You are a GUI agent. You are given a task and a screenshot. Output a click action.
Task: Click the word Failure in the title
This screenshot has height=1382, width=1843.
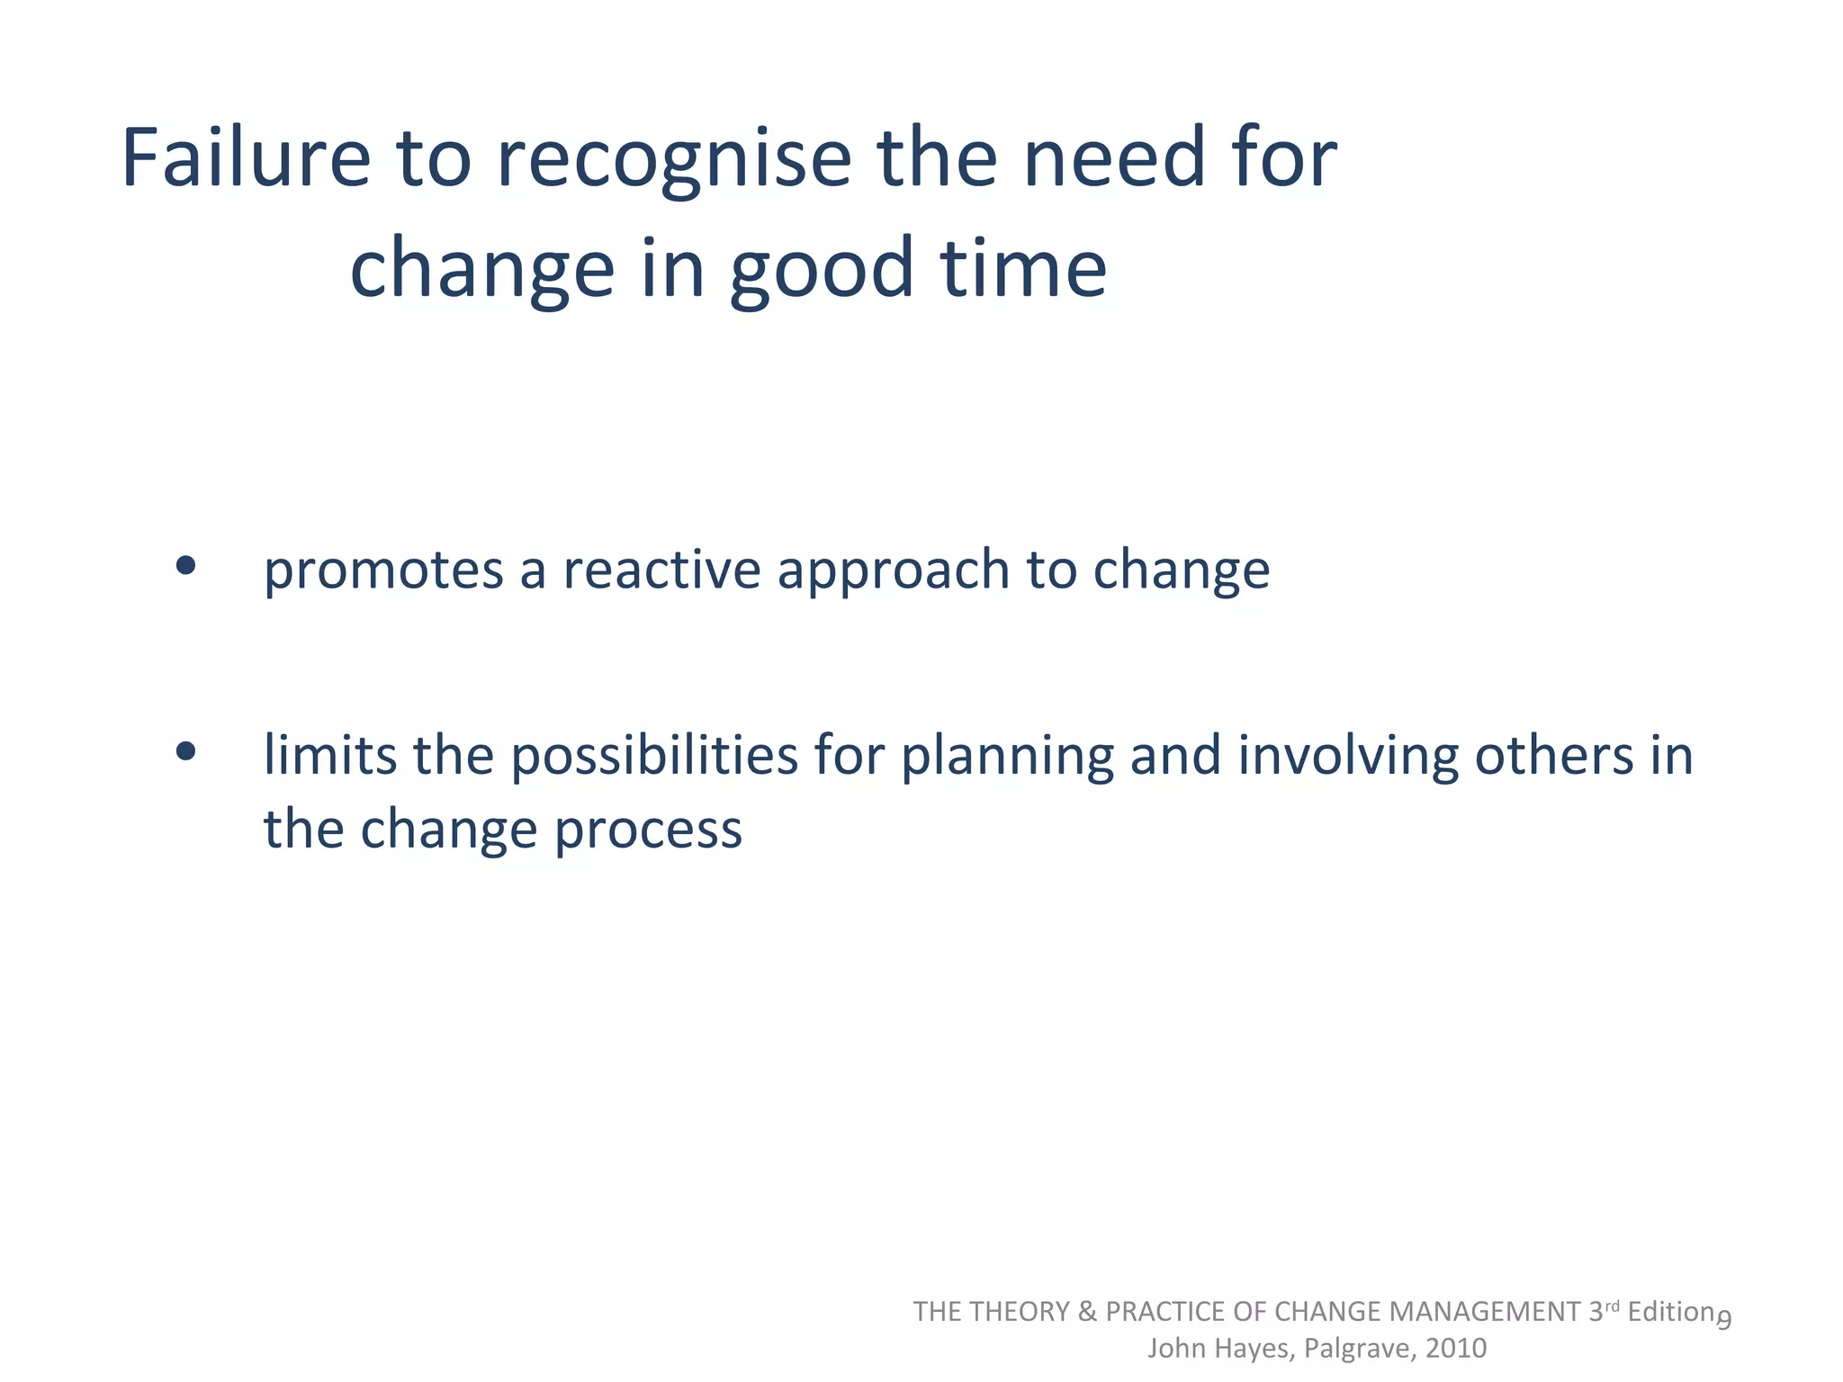click(246, 158)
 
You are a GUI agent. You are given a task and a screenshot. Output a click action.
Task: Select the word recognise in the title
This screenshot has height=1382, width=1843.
click(673, 160)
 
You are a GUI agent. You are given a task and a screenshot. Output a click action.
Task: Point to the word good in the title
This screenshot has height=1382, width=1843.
click(821, 270)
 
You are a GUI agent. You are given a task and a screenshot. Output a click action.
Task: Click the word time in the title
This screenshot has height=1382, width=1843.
click(1023, 268)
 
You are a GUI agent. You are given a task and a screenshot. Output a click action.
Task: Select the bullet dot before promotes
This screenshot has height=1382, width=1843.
click(186, 566)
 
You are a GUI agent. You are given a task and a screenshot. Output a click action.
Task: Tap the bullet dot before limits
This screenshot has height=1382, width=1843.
click(186, 751)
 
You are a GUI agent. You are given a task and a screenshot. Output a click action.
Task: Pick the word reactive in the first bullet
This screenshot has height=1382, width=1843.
click(661, 570)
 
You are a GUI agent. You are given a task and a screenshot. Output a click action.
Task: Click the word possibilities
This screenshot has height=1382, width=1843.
click(654, 756)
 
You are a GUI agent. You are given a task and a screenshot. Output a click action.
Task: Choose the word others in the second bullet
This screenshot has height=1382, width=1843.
click(1553, 756)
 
